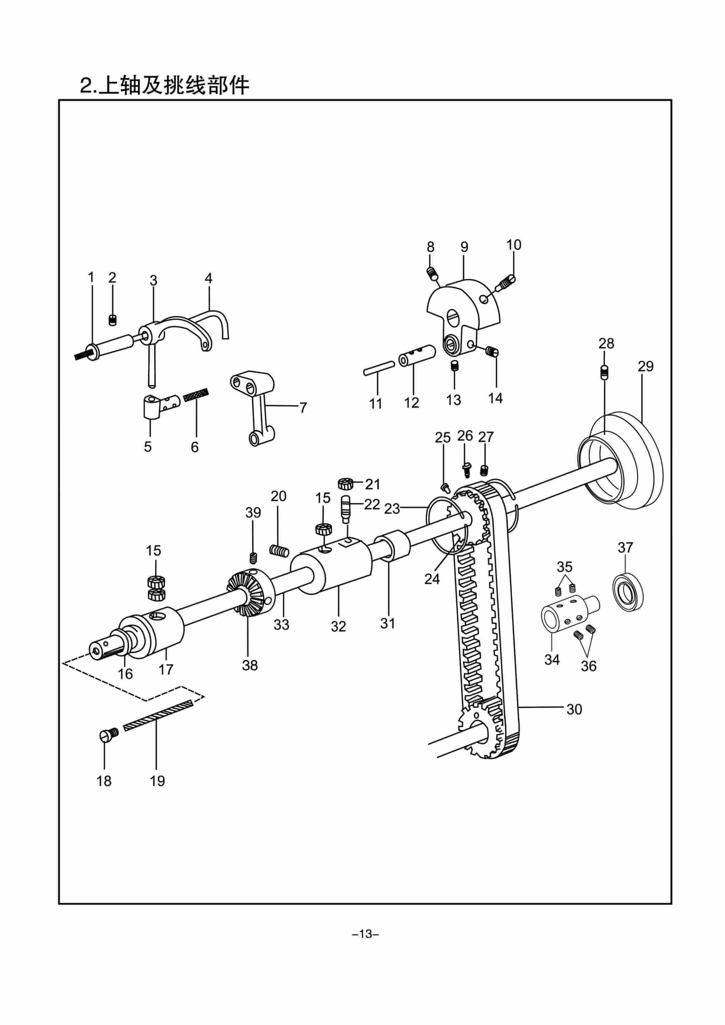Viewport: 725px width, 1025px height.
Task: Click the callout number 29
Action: coord(645,366)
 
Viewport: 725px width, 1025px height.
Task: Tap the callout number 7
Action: coord(303,408)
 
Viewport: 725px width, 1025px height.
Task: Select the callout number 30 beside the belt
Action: coord(574,709)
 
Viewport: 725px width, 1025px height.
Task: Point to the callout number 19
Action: coord(157,781)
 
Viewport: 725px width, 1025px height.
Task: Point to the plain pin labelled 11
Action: coord(379,371)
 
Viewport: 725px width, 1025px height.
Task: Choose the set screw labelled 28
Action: coord(604,372)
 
